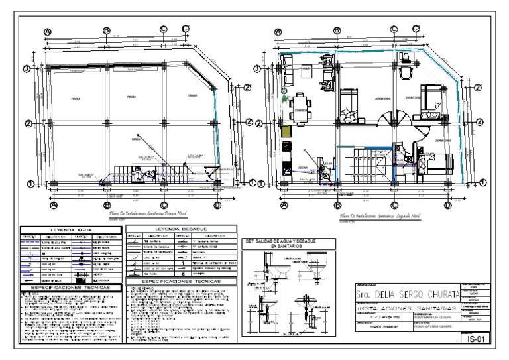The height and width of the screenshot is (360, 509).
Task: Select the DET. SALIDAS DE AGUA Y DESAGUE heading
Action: coord(288,243)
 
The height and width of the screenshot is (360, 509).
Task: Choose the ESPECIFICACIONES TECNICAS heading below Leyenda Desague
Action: coord(180,281)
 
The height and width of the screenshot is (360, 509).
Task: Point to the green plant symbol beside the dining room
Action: coord(284,99)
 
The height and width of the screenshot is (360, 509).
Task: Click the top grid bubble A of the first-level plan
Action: coord(48,31)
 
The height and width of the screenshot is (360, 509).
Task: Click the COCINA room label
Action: coord(303,168)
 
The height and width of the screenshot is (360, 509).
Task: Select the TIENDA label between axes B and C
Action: coord(131,96)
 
